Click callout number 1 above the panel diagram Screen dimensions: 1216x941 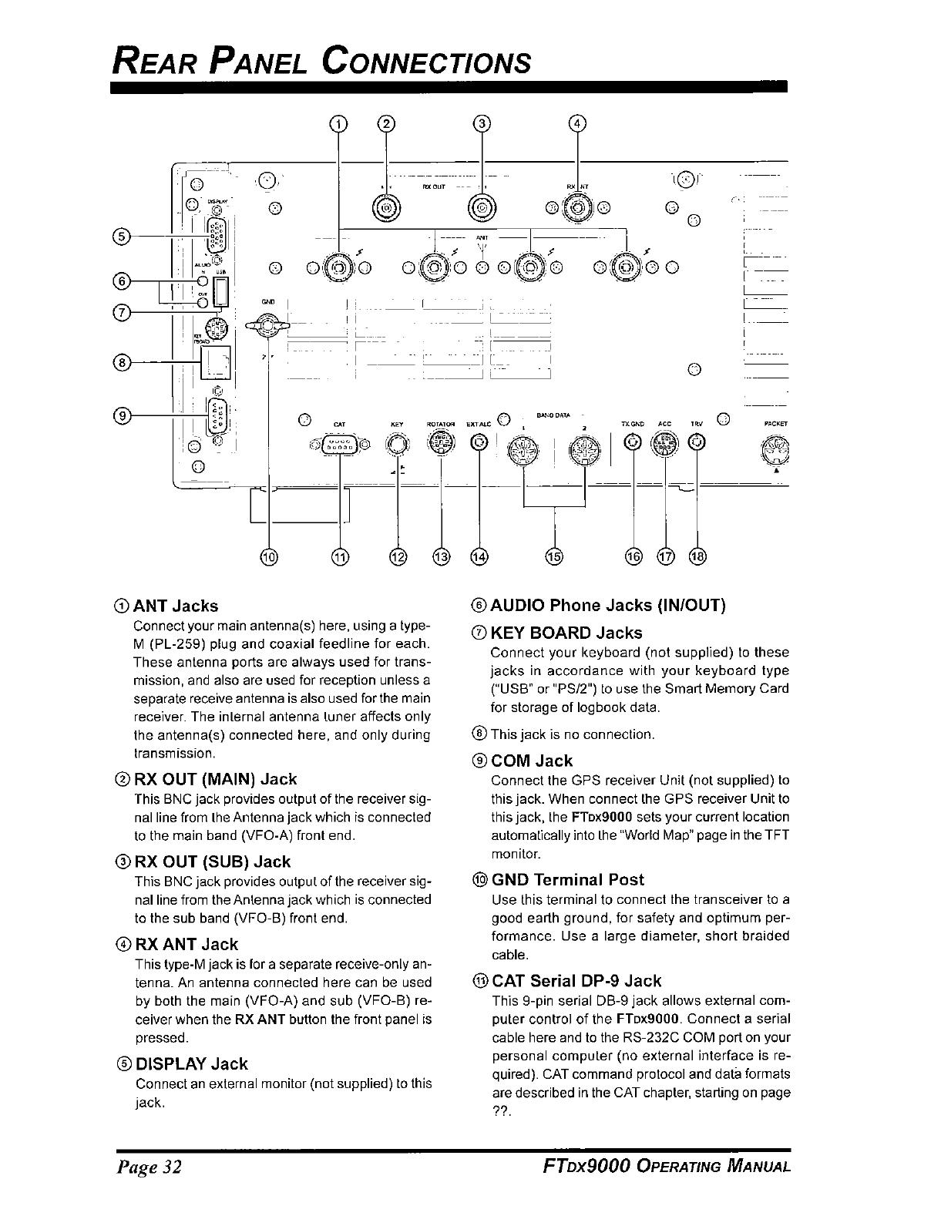click(338, 123)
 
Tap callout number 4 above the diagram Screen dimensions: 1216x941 click(577, 123)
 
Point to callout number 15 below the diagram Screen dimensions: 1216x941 click(554, 556)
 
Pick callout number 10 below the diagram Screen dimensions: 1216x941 click(269, 556)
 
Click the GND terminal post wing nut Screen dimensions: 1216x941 click(267, 328)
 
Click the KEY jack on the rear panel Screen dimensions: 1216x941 click(397, 445)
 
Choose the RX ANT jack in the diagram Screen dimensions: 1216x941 click(577, 207)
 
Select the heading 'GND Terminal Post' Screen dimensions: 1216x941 click(567, 879)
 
